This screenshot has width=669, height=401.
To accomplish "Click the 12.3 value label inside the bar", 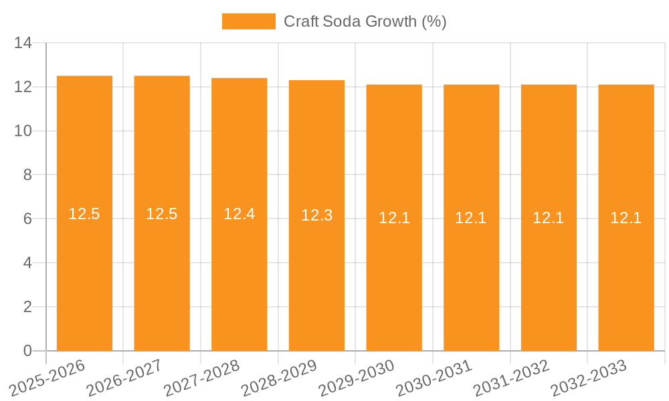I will point(316,215).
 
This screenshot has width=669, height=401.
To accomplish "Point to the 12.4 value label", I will point(240,214).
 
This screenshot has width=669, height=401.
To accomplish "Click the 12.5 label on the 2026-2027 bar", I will point(162,214).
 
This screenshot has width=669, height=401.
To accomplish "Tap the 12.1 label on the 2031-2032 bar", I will point(549,218).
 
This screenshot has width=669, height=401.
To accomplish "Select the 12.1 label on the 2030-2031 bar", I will point(471,218).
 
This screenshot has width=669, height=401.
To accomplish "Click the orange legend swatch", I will point(248,21).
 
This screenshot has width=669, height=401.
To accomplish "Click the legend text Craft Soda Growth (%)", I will point(365,21).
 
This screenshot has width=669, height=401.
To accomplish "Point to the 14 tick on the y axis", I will point(23,43).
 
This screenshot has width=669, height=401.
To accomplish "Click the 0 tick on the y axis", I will point(27,351).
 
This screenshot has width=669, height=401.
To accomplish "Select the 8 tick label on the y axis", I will point(27,175).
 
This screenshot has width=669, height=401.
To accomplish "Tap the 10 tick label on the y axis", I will point(23,131).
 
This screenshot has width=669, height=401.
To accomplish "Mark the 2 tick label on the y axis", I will point(27,307).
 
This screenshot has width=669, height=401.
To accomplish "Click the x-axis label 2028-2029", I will point(279,378).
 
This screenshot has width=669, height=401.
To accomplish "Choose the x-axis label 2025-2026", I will point(47,378).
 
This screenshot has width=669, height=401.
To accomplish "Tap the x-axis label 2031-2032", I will point(511,378).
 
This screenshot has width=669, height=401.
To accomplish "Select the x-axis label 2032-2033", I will point(589,378).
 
